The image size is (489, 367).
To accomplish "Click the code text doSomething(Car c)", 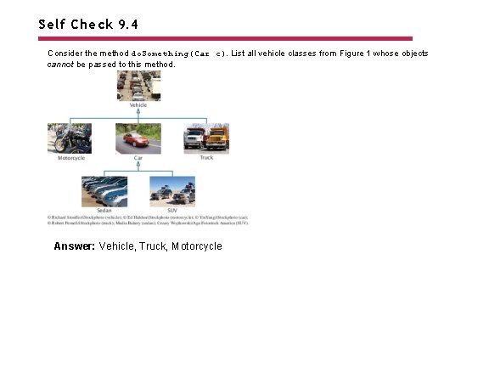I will tap(180, 54).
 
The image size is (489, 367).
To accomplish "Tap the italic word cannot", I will tap(60, 65).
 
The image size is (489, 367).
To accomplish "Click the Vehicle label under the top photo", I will tap(138, 105).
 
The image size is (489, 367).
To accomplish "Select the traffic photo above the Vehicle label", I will tap(138, 85).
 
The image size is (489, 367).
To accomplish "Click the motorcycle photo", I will tap(70, 138).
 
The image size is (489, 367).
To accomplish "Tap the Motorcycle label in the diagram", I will tap(70, 158).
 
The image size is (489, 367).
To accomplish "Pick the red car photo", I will tap(138, 138).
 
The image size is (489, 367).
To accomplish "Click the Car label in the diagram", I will tap(138, 158).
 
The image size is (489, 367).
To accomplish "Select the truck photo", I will tap(206, 138).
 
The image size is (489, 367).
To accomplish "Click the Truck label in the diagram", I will tap(206, 158).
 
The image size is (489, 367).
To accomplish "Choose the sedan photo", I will tap(104, 191).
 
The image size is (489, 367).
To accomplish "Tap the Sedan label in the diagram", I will tap(104, 210).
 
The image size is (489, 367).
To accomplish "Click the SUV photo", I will tap(172, 191).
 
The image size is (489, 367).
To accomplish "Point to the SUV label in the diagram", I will tap(172, 210).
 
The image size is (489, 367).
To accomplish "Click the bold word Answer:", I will tap(74, 246).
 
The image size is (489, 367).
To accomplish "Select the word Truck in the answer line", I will tap(153, 246).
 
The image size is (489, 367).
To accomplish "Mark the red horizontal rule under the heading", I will tap(225, 38).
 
